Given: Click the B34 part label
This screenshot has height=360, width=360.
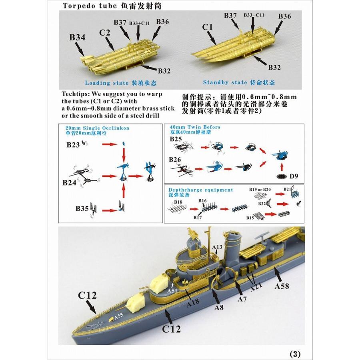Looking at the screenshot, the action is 77,38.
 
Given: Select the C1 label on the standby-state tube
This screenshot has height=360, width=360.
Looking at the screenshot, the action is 207,27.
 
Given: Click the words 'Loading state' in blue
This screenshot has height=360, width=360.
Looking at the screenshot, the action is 106,83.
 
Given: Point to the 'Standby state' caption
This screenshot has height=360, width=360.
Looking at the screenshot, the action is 225,82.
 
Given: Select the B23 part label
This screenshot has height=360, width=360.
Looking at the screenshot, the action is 73,145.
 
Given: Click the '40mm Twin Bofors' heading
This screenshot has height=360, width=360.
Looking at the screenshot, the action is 195,127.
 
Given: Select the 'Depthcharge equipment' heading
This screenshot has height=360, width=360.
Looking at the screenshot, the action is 200,190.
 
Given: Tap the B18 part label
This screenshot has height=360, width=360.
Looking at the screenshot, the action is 178,202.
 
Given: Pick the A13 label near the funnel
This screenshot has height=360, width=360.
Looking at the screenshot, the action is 217,247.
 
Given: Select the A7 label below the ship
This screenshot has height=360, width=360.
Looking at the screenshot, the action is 242,299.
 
